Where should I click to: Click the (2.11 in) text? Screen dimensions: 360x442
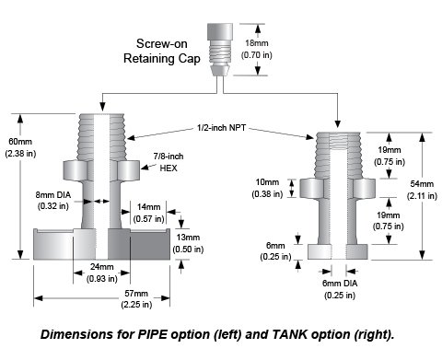pos(422,195)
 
